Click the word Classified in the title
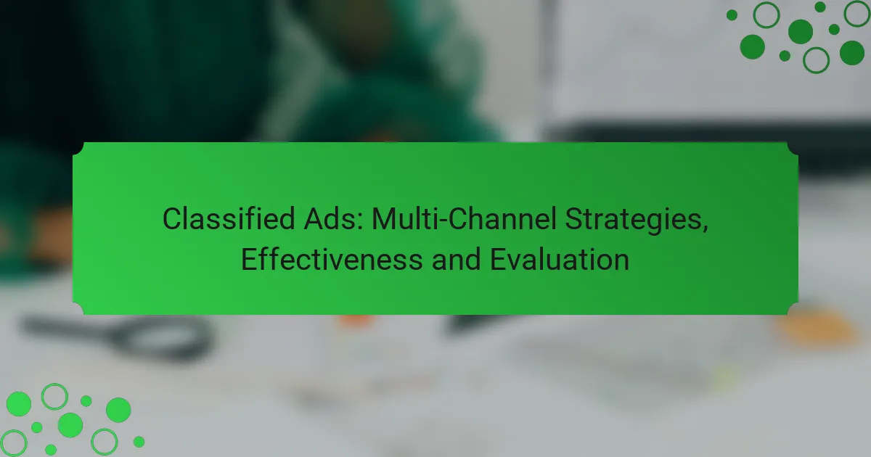click(x=229, y=219)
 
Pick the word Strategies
click(x=634, y=221)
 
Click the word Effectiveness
click(x=332, y=260)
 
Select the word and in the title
click(x=456, y=260)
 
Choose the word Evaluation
click(x=559, y=260)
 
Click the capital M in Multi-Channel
click(x=383, y=219)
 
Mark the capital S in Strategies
click(x=574, y=219)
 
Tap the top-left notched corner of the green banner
click(x=78, y=149)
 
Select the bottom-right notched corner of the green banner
click(x=793, y=308)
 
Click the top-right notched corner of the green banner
click(x=793, y=149)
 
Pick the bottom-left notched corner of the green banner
click(x=78, y=308)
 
